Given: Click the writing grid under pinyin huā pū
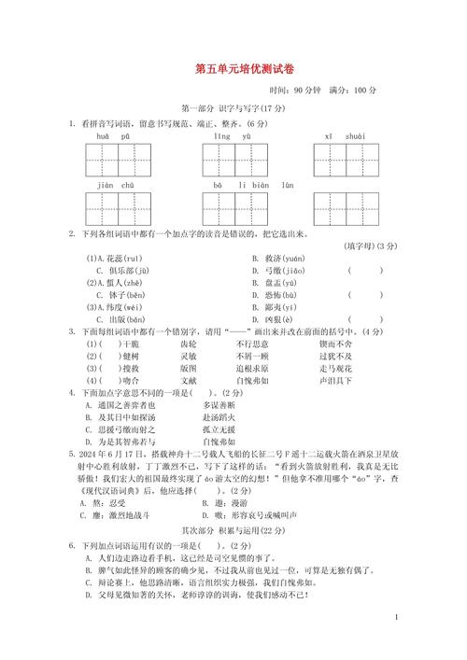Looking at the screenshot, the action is point(119,161).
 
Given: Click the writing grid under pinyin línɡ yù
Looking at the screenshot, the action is point(233,161).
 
